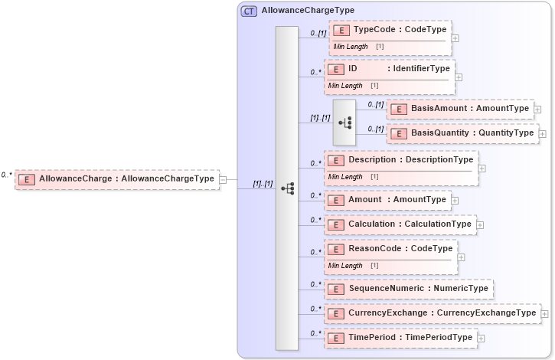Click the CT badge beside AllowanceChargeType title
(x=250, y=11)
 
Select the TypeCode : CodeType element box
(x=390, y=30)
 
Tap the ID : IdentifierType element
(x=390, y=69)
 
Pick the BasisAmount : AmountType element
(x=459, y=109)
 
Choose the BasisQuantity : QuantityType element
(x=462, y=133)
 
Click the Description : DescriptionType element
(x=401, y=159)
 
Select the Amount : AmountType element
(x=387, y=200)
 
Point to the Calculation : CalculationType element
(x=400, y=224)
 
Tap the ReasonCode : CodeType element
(x=390, y=249)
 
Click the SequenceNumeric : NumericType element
(x=408, y=289)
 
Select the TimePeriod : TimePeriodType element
(x=400, y=338)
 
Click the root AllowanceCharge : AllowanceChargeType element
(x=117, y=179)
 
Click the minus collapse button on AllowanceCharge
(x=223, y=180)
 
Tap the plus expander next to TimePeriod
(x=481, y=338)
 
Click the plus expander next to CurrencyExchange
(x=544, y=313)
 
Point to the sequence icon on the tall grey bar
(x=288, y=188)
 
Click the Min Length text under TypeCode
(x=350, y=47)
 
